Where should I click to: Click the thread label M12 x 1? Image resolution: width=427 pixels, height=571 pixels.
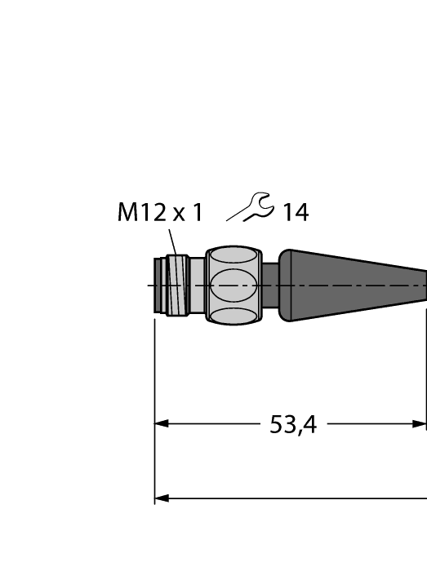click(x=159, y=213)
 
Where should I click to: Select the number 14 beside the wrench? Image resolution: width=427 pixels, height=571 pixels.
click(x=295, y=213)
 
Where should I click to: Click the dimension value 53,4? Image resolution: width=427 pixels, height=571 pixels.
click(x=293, y=424)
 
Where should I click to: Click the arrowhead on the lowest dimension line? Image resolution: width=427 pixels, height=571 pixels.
click(x=162, y=498)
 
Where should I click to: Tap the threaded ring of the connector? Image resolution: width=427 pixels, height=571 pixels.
click(x=176, y=285)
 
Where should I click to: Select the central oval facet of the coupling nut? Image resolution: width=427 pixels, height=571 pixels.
click(x=234, y=285)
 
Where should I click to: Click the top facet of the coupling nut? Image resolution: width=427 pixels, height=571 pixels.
click(x=234, y=257)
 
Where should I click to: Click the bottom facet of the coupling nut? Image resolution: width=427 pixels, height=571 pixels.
click(x=234, y=315)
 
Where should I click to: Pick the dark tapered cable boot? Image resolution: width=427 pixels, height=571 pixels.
click(x=359, y=285)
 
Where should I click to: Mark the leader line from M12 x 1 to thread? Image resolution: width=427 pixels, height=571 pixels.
click(x=172, y=242)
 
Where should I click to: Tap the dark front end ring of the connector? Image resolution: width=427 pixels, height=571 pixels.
click(x=158, y=285)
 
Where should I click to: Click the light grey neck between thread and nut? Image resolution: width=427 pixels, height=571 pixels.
click(x=197, y=285)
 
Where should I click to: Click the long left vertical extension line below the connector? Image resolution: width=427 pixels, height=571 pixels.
click(x=155, y=408)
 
